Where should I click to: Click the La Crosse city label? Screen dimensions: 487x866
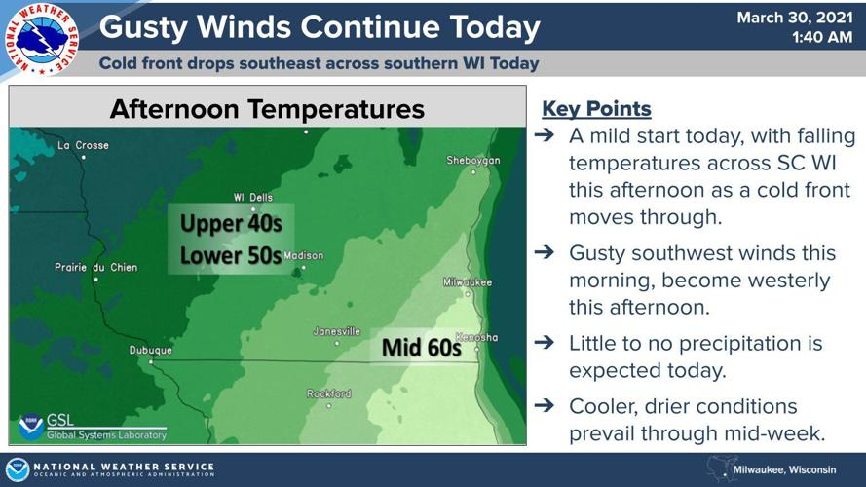pos(83,145)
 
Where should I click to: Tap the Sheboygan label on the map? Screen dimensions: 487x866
pos(472,160)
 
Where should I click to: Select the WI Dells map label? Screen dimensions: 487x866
pos(252,197)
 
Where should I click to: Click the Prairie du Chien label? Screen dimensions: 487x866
pos(95,268)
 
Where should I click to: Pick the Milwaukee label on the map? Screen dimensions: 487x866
pos(468,281)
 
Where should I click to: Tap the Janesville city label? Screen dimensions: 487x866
pos(336,331)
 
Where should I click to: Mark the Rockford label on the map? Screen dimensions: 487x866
pos(328,393)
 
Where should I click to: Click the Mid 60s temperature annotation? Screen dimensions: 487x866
pos(421,347)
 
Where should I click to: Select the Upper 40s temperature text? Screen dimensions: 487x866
pos(231,224)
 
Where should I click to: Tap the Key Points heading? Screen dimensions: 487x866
pos(596,108)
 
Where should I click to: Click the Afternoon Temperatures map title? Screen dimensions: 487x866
pos(267,108)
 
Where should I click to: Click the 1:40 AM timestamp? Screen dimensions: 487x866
pos(824,38)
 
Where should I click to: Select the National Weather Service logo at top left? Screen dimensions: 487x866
pos(42,40)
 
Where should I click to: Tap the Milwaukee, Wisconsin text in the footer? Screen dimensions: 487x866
pos(785,469)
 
